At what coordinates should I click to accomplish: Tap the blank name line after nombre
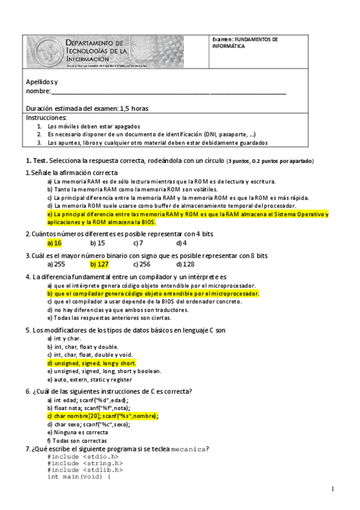pos(168,91)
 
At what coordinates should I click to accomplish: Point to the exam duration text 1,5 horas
pos(134,109)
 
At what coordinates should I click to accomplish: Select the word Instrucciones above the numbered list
pos(46,118)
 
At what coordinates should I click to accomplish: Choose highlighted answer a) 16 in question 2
pos(55,244)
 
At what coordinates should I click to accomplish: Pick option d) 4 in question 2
pos(182,244)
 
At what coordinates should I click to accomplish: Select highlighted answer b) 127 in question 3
pos(99,264)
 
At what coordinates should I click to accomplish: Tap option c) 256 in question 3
pos(142,264)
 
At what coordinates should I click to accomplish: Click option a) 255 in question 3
pos(56,264)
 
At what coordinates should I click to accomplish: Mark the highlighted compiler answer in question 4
pos(153,294)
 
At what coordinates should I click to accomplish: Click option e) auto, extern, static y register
pos(90,380)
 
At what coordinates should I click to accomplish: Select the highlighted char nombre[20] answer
pos(103,416)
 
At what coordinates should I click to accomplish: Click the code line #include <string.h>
pos(85,464)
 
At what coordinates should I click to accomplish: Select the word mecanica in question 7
pos(189,449)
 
